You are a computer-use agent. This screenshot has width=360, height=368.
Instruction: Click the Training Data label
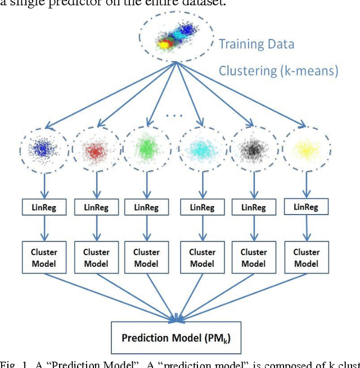click(x=256, y=44)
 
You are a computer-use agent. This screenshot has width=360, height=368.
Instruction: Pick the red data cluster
click(x=94, y=150)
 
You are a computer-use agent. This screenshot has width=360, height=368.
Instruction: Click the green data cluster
click(x=147, y=149)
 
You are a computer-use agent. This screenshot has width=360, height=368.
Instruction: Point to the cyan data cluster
click(x=201, y=150)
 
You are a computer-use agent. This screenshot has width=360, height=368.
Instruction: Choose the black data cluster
click(x=254, y=150)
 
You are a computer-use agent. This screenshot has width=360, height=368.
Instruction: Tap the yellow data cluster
click(x=306, y=149)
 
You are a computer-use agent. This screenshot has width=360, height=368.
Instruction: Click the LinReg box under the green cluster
click(x=147, y=206)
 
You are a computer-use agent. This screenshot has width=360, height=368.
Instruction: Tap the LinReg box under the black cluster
click(x=254, y=207)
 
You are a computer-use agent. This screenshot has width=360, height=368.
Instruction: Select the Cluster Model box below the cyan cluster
click(x=202, y=258)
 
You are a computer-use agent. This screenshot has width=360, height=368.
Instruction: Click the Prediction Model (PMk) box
click(x=175, y=338)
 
